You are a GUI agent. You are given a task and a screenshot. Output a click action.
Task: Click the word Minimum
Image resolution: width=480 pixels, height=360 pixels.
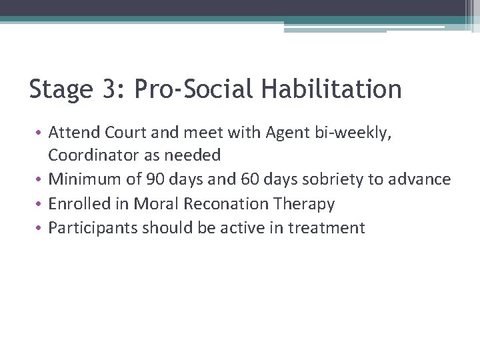point(85,179)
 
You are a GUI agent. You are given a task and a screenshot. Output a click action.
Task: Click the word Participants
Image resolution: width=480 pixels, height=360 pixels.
point(87,228)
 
